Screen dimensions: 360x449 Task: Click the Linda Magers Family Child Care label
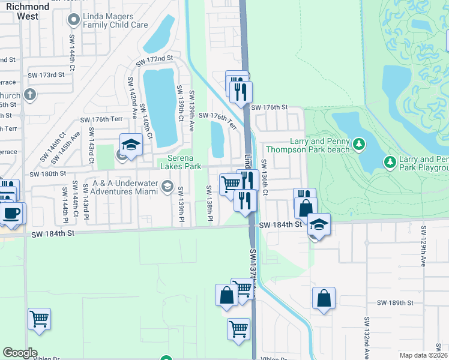click(x=115, y=20)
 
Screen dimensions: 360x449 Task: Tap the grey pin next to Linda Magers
click(x=74, y=20)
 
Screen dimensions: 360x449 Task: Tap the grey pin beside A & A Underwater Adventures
click(x=166, y=187)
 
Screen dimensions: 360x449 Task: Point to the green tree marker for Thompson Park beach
click(x=359, y=144)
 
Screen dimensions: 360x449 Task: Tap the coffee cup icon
click(x=11, y=213)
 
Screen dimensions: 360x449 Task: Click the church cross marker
click(x=29, y=95)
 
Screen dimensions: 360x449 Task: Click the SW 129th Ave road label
click(x=423, y=246)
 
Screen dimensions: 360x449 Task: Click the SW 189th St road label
click(x=395, y=304)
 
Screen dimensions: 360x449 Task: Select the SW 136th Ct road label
click(x=265, y=177)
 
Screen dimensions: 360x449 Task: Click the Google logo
click(x=20, y=353)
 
